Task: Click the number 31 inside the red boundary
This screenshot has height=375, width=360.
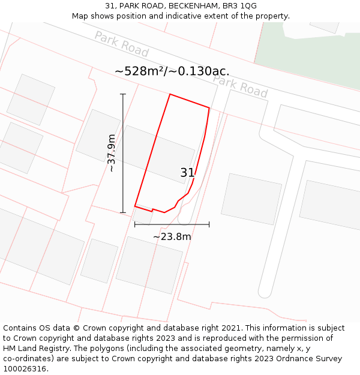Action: pos(187,173)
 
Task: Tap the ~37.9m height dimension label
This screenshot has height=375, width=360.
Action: pos(112,153)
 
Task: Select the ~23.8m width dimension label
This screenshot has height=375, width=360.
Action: pos(172,237)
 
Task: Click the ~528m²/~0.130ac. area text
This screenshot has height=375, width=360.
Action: pos(172,71)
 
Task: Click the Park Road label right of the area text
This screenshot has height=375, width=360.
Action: pos(240,86)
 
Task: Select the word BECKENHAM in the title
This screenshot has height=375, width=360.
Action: pos(183,5)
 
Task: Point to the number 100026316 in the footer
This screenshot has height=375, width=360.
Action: pos(25,369)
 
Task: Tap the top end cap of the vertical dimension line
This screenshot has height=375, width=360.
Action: pos(123,94)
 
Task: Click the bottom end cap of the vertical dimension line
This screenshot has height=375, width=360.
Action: pos(123,212)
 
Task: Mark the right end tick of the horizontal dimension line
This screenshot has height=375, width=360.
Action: pos(209,224)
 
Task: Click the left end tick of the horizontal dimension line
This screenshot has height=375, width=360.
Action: pos(135,224)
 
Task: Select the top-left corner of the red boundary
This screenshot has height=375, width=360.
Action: pos(170,94)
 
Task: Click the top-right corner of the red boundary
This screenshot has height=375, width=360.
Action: pos(209,108)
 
